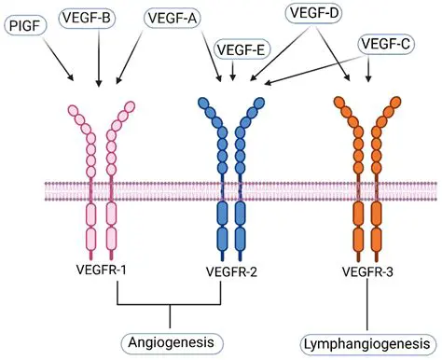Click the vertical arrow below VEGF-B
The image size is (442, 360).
pyautogui.click(x=98, y=61)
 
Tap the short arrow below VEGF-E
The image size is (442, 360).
pyautogui.click(x=233, y=71)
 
